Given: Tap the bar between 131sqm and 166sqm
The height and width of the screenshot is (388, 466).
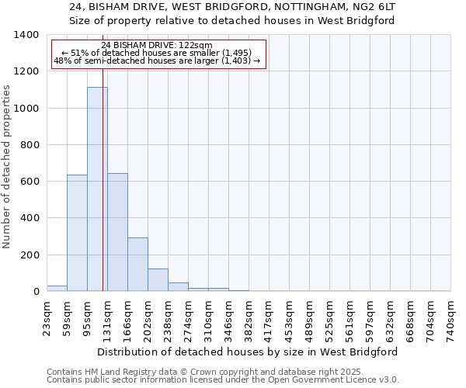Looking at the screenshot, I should click(117, 232).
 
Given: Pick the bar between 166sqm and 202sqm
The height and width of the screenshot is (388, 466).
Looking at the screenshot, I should click(137, 264).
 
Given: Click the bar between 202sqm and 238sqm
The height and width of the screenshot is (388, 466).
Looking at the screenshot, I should click(158, 279).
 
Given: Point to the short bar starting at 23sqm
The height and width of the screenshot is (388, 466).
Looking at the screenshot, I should click(57, 288).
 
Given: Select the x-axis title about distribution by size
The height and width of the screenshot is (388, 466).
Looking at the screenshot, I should click(248, 352).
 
